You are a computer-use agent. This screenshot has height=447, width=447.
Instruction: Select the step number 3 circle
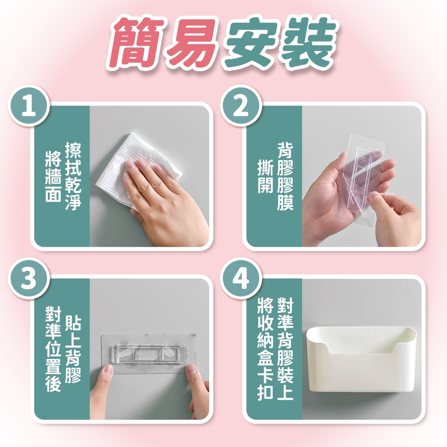coord(29,278)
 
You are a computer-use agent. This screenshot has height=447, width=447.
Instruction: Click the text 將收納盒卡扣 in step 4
coord(266,348)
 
